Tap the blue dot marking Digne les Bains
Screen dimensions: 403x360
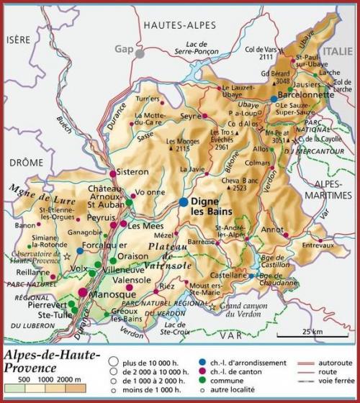point(185,202)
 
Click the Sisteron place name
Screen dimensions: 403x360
point(132,172)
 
